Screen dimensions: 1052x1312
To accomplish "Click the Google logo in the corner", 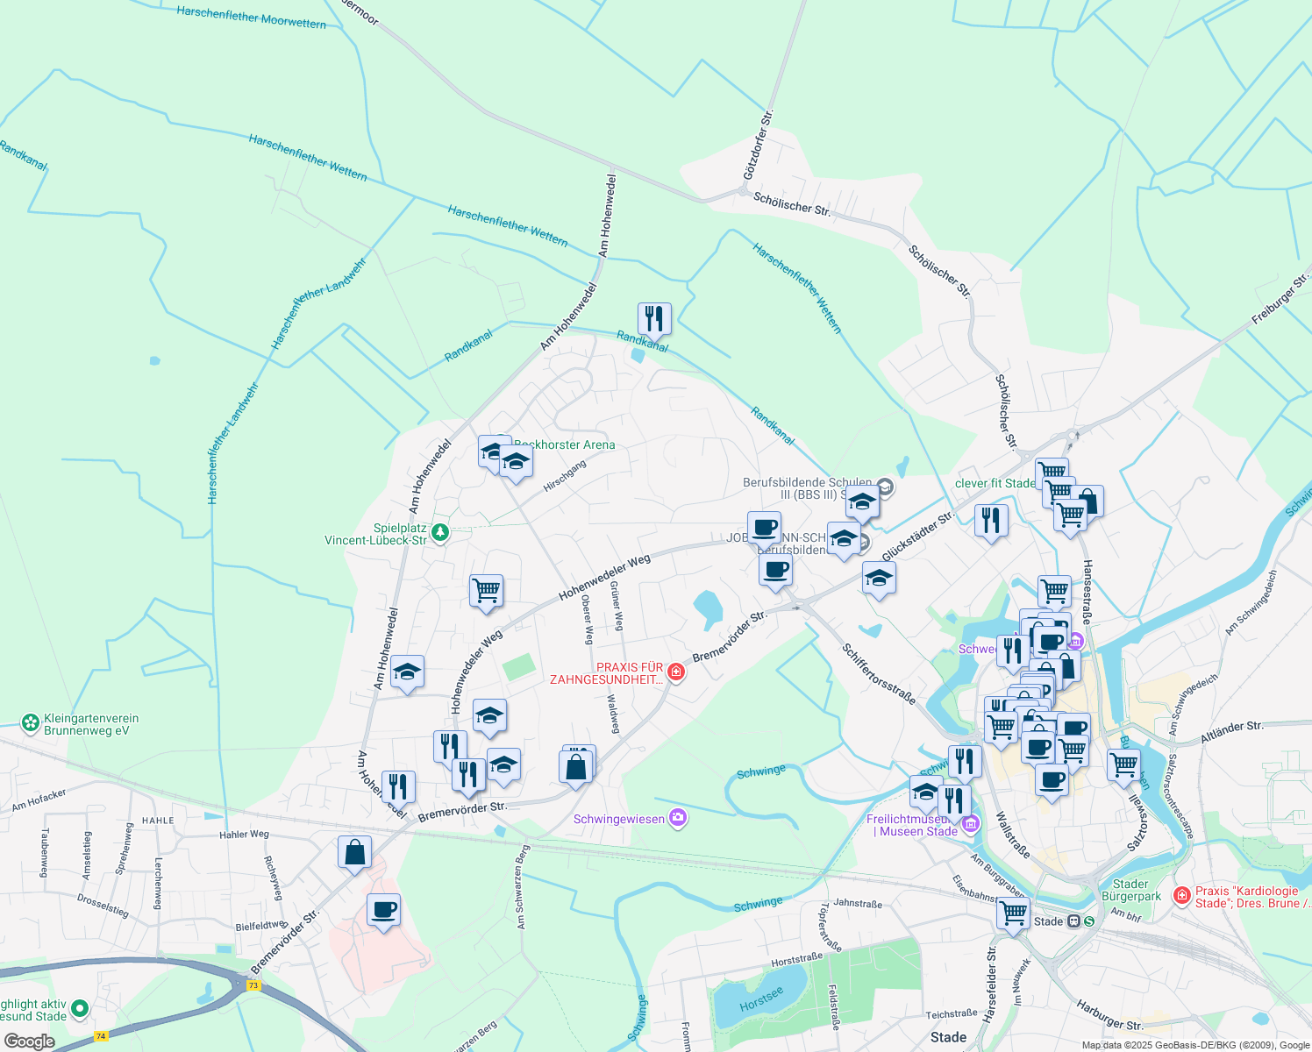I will pyautogui.click(x=30, y=1041).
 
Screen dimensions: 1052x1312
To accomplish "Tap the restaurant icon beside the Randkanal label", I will pyautogui.click(x=654, y=318).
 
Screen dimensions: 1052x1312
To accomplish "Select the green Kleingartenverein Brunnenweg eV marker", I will pyautogui.click(x=31, y=723).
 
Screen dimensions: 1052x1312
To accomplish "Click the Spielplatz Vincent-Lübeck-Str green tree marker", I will pyautogui.click(x=440, y=532).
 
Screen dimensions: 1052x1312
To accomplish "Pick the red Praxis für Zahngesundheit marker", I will pyautogui.click(x=675, y=672).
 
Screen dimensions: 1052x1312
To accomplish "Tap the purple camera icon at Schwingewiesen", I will pyautogui.click(x=677, y=818).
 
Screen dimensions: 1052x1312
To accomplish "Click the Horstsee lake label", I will pyautogui.click(x=760, y=999).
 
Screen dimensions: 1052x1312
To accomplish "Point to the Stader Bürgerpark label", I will pyautogui.click(x=1130, y=890).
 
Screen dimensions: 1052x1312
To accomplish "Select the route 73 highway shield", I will pyautogui.click(x=253, y=984).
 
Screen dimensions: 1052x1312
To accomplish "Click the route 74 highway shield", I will pyautogui.click(x=101, y=1035).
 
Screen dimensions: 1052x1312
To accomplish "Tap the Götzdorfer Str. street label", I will pyautogui.click(x=758, y=145).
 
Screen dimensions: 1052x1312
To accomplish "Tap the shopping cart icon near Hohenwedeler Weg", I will pyautogui.click(x=486, y=590).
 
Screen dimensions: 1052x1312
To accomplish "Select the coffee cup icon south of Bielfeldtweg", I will pyautogui.click(x=383, y=909).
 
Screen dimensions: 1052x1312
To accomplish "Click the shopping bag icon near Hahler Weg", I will pyautogui.click(x=354, y=851).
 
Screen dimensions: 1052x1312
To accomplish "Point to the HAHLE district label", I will pyautogui.click(x=158, y=821).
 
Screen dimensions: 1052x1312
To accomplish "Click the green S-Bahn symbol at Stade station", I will pyautogui.click(x=1089, y=921).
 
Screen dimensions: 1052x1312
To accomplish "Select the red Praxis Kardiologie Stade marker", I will pyautogui.click(x=1181, y=895).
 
